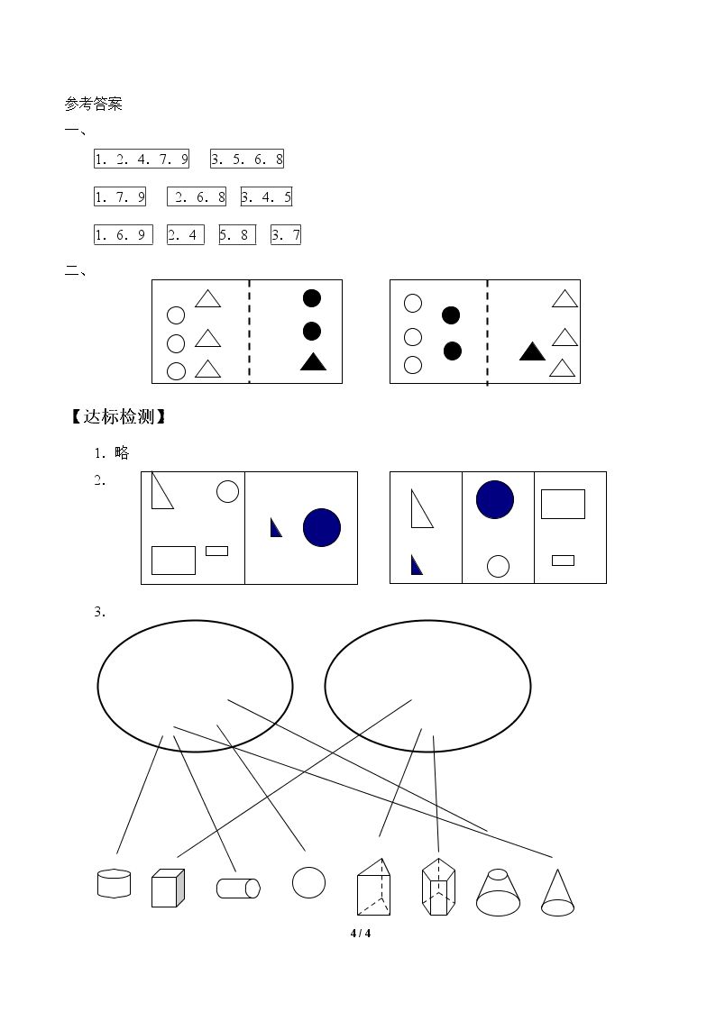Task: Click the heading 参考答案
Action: tap(94, 104)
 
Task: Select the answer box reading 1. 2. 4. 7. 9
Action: tap(142, 159)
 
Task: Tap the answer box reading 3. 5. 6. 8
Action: tap(247, 159)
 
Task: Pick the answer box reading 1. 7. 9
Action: tap(120, 196)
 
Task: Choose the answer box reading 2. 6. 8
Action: tap(197, 196)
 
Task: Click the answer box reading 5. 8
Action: tap(237, 235)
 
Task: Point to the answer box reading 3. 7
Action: tap(286, 235)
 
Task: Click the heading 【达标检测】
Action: tap(118, 417)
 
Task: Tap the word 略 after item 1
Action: tap(122, 453)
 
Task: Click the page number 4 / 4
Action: tap(361, 934)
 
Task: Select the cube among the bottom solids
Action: tap(168, 888)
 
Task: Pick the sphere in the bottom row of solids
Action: tap(308, 882)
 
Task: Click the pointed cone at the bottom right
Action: tap(557, 893)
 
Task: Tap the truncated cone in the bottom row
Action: tap(498, 893)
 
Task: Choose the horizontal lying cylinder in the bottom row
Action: tap(238, 888)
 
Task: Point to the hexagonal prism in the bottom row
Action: tap(438, 887)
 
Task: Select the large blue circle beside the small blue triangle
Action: tap(322, 527)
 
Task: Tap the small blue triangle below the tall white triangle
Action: tap(417, 565)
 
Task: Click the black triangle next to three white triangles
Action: tap(533, 351)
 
